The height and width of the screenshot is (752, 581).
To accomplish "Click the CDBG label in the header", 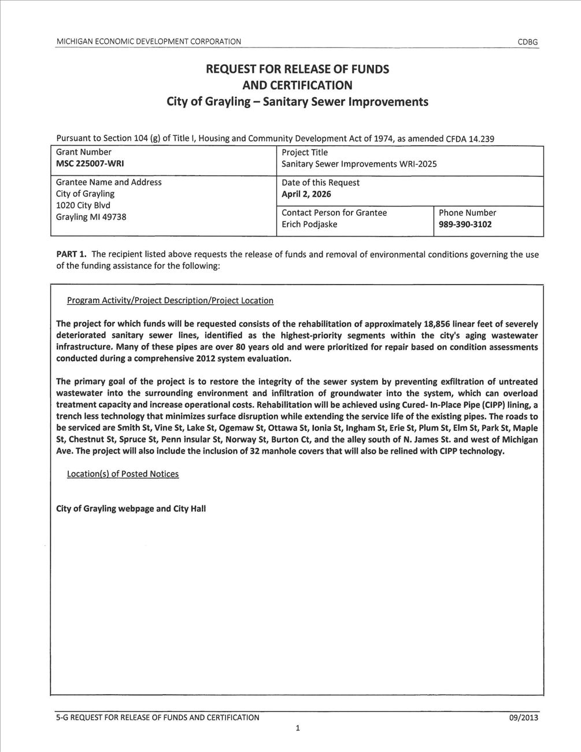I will point(527,42).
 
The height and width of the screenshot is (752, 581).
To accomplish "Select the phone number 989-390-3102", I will point(465,224).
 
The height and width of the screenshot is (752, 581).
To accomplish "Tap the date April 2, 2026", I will point(306,194).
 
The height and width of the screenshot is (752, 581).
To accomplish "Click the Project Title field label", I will point(305,153).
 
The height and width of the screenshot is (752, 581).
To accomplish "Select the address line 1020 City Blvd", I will point(83,205).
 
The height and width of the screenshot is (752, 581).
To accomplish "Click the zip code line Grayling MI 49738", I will point(91,217).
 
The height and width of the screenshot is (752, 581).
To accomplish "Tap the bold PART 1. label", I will point(71,254).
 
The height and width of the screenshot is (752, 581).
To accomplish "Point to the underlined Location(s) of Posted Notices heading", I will point(123,474).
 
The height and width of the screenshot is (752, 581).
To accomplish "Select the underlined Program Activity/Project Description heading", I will point(170,301).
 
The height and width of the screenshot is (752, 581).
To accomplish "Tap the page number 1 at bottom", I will point(297,729).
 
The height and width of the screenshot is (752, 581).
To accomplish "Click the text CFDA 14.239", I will point(470,139).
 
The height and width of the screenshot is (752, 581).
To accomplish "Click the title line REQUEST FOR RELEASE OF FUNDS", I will point(297,69).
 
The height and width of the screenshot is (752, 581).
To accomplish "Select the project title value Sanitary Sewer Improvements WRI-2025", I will point(359,164).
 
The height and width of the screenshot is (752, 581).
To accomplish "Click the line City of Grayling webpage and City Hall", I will point(131,509).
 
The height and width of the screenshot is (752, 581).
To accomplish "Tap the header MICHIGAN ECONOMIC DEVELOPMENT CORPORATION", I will point(149,42).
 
